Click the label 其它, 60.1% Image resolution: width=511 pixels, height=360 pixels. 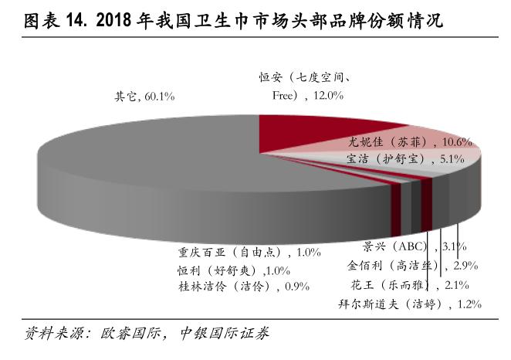coord(145,97)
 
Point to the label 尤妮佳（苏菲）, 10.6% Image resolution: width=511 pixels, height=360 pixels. coord(410,142)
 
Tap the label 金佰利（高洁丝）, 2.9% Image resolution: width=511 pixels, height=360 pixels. coord(412,266)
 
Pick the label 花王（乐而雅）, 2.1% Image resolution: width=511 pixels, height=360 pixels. coord(417,284)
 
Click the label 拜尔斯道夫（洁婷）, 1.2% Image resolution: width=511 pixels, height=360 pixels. coord(410,304)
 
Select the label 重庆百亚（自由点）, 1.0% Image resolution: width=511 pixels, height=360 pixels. coord(243,252)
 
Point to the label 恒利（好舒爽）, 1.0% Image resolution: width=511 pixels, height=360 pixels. coord(243,270)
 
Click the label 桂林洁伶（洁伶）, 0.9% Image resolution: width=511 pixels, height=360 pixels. coord(243,286)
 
